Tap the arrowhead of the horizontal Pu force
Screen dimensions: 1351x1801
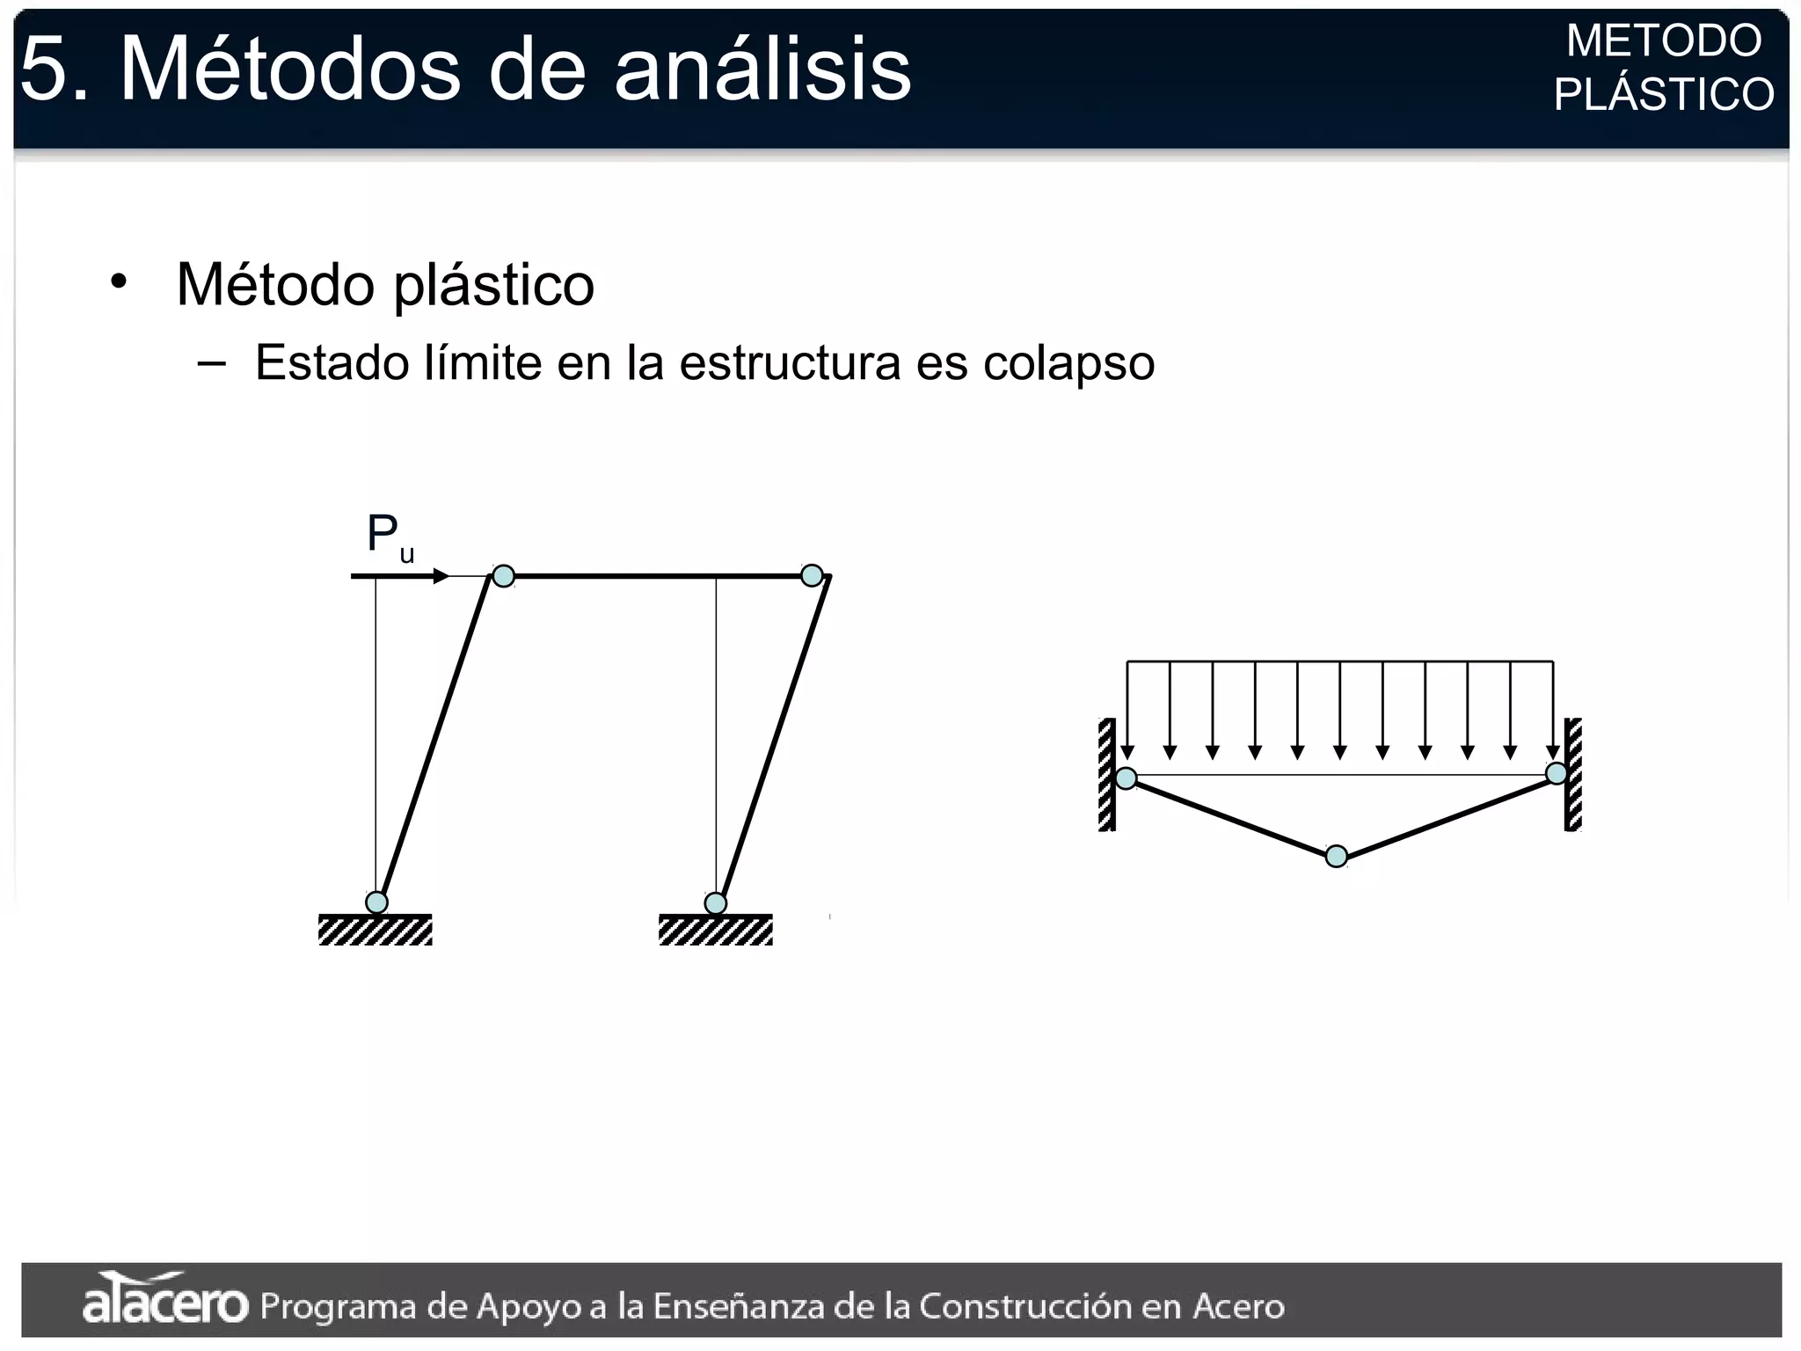pos(441,576)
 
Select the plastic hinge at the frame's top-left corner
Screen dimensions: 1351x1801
pos(503,576)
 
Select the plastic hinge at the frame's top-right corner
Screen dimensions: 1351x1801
pos(812,575)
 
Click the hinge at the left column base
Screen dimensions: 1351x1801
pos(376,902)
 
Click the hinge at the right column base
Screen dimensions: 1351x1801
pos(716,903)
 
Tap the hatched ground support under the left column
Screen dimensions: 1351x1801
pos(376,930)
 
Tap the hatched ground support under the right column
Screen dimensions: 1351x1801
pos(716,930)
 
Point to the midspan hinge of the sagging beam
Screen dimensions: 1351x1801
pos(1336,856)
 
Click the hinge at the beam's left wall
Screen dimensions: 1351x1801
pos(1126,778)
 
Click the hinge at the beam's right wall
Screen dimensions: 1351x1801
pos(1557,773)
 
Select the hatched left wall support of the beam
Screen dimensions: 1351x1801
pos(1107,774)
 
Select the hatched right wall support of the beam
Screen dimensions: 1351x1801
pos(1573,774)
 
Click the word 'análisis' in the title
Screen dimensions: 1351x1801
pos(762,69)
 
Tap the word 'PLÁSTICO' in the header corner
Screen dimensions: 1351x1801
pos(1664,94)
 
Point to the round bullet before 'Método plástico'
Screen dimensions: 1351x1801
pos(119,282)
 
